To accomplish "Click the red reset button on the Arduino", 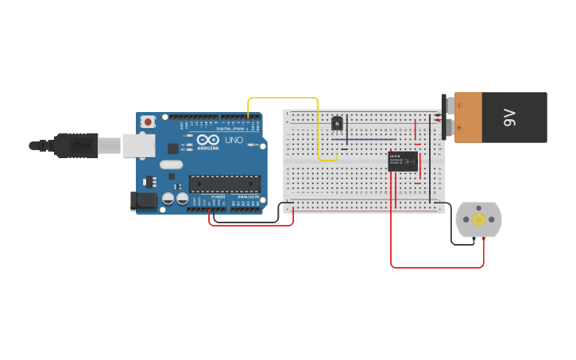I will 148,122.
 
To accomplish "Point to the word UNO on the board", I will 234,140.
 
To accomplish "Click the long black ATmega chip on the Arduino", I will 225,184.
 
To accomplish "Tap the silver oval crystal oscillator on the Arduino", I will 171,165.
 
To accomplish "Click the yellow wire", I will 283,98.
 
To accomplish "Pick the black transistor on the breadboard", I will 337,123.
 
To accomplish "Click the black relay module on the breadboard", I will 403,161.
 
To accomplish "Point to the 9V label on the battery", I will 509,118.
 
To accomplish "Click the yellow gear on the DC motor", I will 478,219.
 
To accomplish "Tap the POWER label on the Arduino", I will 218,197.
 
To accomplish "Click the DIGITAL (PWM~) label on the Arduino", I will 230,128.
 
